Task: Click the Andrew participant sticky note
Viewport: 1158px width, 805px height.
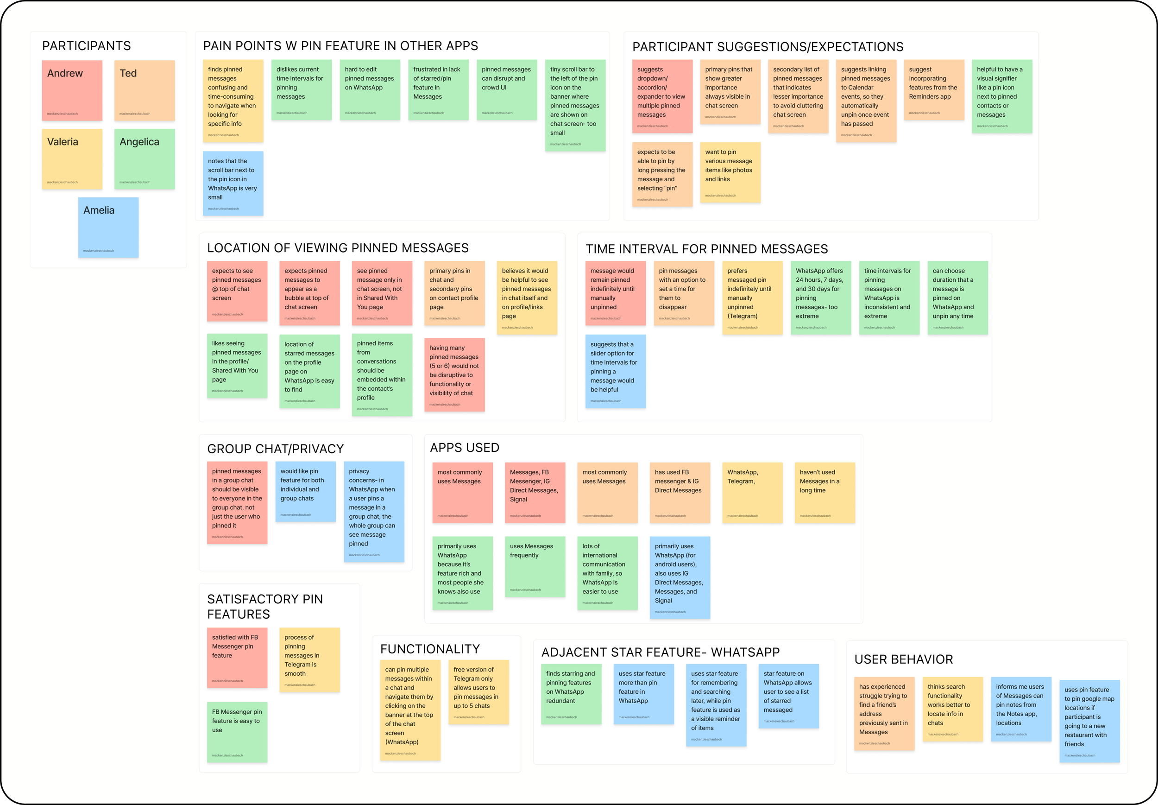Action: coord(72,90)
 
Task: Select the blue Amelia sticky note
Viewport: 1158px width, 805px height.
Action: coord(108,228)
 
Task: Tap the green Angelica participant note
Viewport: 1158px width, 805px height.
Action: coord(144,159)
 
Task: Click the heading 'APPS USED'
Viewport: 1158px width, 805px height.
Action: coord(464,447)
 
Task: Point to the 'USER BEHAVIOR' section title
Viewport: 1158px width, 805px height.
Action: coord(903,659)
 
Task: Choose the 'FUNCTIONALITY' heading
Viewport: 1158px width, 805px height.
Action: coord(429,649)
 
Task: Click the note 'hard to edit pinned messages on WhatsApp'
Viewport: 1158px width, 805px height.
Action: coord(370,90)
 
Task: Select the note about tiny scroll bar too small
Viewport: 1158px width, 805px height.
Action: coord(575,105)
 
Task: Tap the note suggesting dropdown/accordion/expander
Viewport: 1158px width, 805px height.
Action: coord(662,96)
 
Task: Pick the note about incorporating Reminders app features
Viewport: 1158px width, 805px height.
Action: coord(934,90)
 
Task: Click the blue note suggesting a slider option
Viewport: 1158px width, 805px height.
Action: coord(615,371)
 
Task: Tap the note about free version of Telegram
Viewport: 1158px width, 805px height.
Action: coord(478,691)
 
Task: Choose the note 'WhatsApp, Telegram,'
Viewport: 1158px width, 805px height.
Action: coord(752,492)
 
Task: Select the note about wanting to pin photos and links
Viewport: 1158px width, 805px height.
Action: coord(730,172)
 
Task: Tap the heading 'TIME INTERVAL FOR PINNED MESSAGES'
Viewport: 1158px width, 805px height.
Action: coord(706,249)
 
